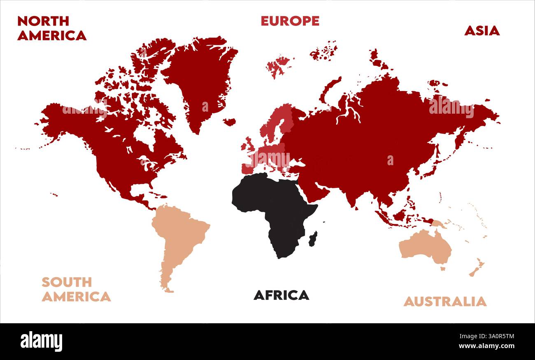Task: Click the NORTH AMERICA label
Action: (51, 28)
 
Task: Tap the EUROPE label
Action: (290, 21)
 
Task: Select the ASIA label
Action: (481, 31)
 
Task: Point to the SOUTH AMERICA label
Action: (76, 289)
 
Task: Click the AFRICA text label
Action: (281, 295)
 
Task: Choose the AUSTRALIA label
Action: (444, 302)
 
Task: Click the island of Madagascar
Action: (313, 238)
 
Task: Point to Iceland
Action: (229, 122)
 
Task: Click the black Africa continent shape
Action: (276, 206)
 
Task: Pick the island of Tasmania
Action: (443, 269)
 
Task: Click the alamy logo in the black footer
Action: (41, 341)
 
